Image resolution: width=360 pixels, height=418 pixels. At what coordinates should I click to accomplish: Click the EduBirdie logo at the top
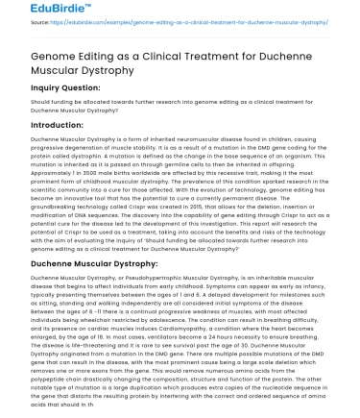[x=36, y=12]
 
